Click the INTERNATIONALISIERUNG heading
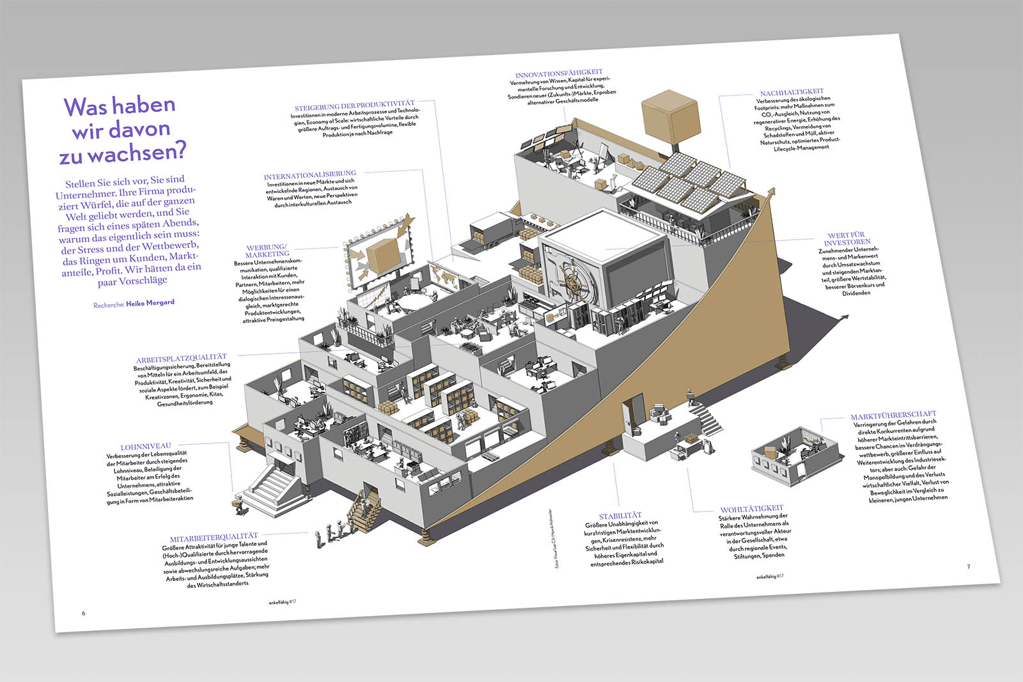[309, 174]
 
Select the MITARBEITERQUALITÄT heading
[214, 538]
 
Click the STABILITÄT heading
[620, 516]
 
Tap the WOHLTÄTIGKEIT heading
[751, 509]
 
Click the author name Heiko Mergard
[150, 303]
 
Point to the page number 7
[968, 566]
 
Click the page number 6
[83, 613]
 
